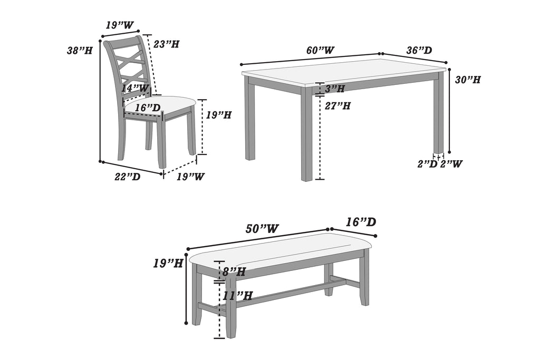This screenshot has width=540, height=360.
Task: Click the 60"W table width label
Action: (x=320, y=51)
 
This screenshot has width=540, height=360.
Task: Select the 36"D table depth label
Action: (x=419, y=51)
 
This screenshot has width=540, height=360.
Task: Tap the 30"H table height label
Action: (x=468, y=80)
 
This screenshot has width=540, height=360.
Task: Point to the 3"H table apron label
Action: (x=335, y=89)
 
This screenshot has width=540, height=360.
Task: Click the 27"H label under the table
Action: (x=337, y=106)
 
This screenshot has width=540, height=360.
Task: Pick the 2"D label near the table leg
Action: (x=428, y=164)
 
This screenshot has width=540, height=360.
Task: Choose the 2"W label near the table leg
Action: (x=451, y=164)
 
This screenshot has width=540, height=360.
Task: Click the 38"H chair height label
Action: (x=80, y=51)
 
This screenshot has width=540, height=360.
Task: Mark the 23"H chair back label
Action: (x=166, y=44)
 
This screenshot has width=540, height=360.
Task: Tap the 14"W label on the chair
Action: (x=136, y=88)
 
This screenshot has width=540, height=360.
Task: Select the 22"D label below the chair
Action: (x=128, y=177)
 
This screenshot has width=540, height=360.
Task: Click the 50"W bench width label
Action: (x=262, y=229)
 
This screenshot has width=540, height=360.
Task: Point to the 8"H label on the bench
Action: (x=234, y=272)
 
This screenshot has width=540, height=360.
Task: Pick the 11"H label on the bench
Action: (x=237, y=296)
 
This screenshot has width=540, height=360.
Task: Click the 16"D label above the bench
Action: (x=361, y=222)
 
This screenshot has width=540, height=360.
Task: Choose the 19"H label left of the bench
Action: (x=168, y=263)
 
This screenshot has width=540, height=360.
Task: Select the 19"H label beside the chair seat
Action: (x=218, y=115)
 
